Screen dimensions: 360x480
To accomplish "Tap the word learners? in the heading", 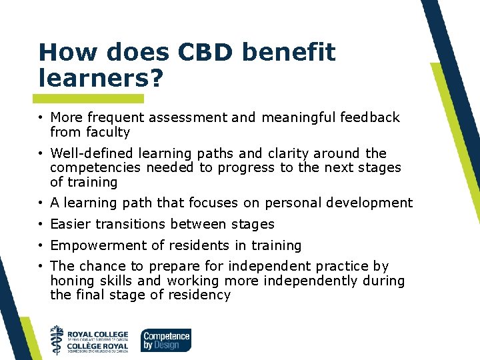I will click(x=101, y=78).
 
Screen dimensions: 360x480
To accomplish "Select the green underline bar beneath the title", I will click(x=91, y=98).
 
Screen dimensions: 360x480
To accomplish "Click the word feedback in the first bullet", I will click(x=369, y=118).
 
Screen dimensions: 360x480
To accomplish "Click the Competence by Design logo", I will click(x=165, y=339).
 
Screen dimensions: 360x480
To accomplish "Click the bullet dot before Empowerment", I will click(x=41, y=245).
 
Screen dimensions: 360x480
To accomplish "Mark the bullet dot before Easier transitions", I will click(x=41, y=224).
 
